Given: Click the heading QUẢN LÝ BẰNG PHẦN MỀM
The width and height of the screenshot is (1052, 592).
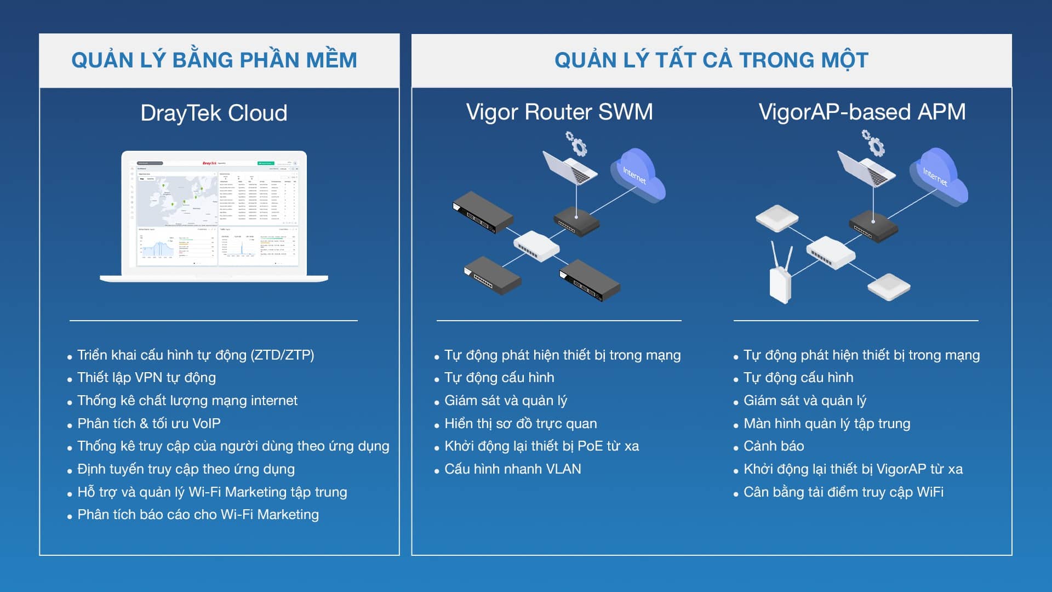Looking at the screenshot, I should [x=214, y=60].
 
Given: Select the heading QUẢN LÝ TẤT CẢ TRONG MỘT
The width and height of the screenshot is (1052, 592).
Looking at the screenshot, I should [x=711, y=60].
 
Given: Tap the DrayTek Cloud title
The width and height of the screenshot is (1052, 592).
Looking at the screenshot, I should [x=214, y=113].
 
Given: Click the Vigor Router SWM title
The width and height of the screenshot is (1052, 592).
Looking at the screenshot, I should [x=559, y=112].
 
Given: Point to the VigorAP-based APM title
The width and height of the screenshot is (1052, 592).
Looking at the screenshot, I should [x=862, y=112].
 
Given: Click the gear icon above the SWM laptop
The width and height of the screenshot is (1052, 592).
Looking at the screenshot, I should [x=577, y=144].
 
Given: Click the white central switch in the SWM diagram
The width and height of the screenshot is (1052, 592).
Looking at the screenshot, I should [x=536, y=246].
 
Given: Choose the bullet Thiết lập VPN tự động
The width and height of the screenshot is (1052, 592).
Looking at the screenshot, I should [x=146, y=378].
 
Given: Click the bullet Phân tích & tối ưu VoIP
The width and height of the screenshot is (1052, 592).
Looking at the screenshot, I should [x=148, y=424].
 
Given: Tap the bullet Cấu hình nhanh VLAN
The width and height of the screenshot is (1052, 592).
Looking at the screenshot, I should [x=512, y=469].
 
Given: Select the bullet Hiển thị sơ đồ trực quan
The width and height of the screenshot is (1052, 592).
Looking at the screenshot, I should [x=520, y=424].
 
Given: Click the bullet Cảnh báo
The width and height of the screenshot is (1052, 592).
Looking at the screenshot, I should [x=773, y=446].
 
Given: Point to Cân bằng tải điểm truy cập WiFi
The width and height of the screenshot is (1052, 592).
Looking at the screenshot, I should [x=843, y=492].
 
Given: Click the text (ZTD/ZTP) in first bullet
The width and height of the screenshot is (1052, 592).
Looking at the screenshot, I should [x=282, y=355].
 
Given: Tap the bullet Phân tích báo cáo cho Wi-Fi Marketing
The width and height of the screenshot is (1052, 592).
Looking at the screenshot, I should [x=198, y=515].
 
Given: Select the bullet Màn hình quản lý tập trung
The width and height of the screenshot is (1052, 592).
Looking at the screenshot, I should [x=826, y=424].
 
